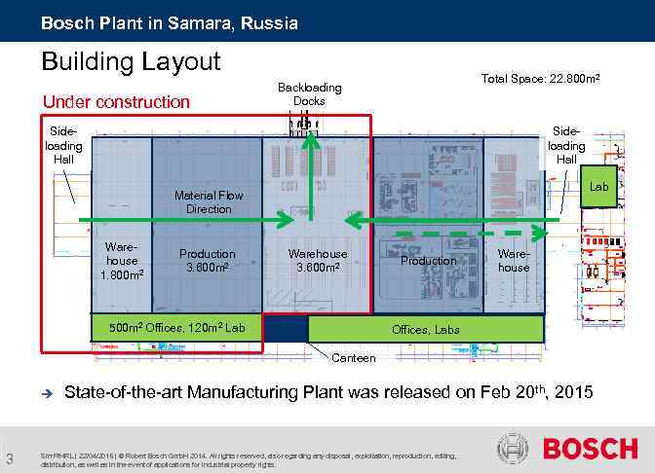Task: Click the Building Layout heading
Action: [x=132, y=62]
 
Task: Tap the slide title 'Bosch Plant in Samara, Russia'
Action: [x=170, y=21]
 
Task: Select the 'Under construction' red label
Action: [x=116, y=101]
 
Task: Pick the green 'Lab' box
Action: [x=598, y=186]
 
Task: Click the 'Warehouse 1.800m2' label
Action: [x=122, y=261]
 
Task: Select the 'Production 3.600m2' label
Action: [x=207, y=261]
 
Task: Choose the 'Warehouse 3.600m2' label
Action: [x=317, y=261]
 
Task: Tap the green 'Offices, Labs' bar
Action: [x=426, y=330]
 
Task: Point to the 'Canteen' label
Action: [x=353, y=358]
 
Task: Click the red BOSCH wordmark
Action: [x=589, y=450]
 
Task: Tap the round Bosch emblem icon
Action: [x=513, y=449]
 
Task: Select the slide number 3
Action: [x=9, y=459]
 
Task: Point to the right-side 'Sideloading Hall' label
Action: [x=566, y=144]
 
